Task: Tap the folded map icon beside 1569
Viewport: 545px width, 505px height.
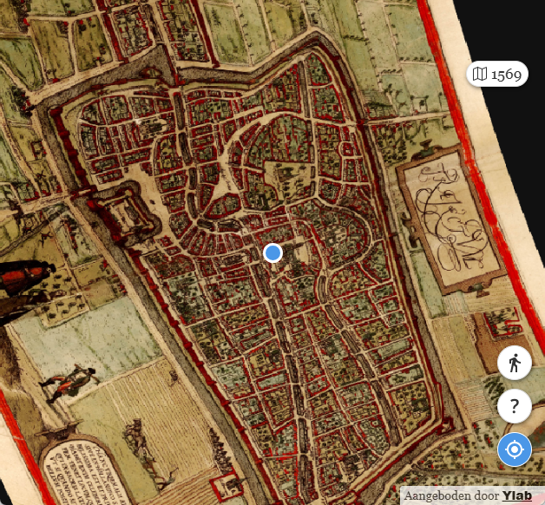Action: (480, 74)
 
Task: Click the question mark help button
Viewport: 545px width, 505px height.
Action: (515, 405)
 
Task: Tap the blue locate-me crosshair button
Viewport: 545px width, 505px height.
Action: (515, 450)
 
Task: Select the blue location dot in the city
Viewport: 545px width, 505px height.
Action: (272, 252)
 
